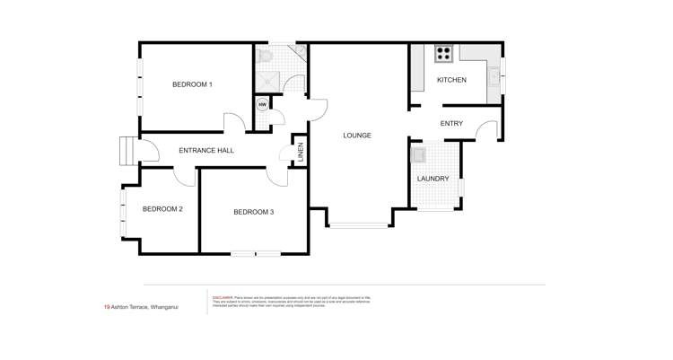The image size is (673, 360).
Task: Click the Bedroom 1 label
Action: (x=192, y=84)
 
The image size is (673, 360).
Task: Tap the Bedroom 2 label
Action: (x=162, y=209)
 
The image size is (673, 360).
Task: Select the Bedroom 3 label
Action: (x=253, y=212)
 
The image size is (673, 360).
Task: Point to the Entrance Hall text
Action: (x=206, y=151)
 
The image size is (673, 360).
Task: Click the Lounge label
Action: (x=357, y=136)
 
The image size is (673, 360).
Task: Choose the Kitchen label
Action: (x=451, y=80)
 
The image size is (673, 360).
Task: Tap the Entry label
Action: (x=451, y=124)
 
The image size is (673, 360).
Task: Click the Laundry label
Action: (x=433, y=179)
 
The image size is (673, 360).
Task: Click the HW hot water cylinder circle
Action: (x=262, y=105)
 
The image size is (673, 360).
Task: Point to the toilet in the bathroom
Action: (x=266, y=57)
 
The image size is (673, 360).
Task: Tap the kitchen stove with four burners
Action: (x=443, y=54)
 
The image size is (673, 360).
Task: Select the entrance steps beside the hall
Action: (x=127, y=151)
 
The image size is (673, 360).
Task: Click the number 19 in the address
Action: (x=107, y=307)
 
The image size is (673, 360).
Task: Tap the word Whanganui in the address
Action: (x=164, y=307)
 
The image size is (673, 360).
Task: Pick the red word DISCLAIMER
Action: (x=223, y=297)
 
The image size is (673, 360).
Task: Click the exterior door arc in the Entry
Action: (x=486, y=131)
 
